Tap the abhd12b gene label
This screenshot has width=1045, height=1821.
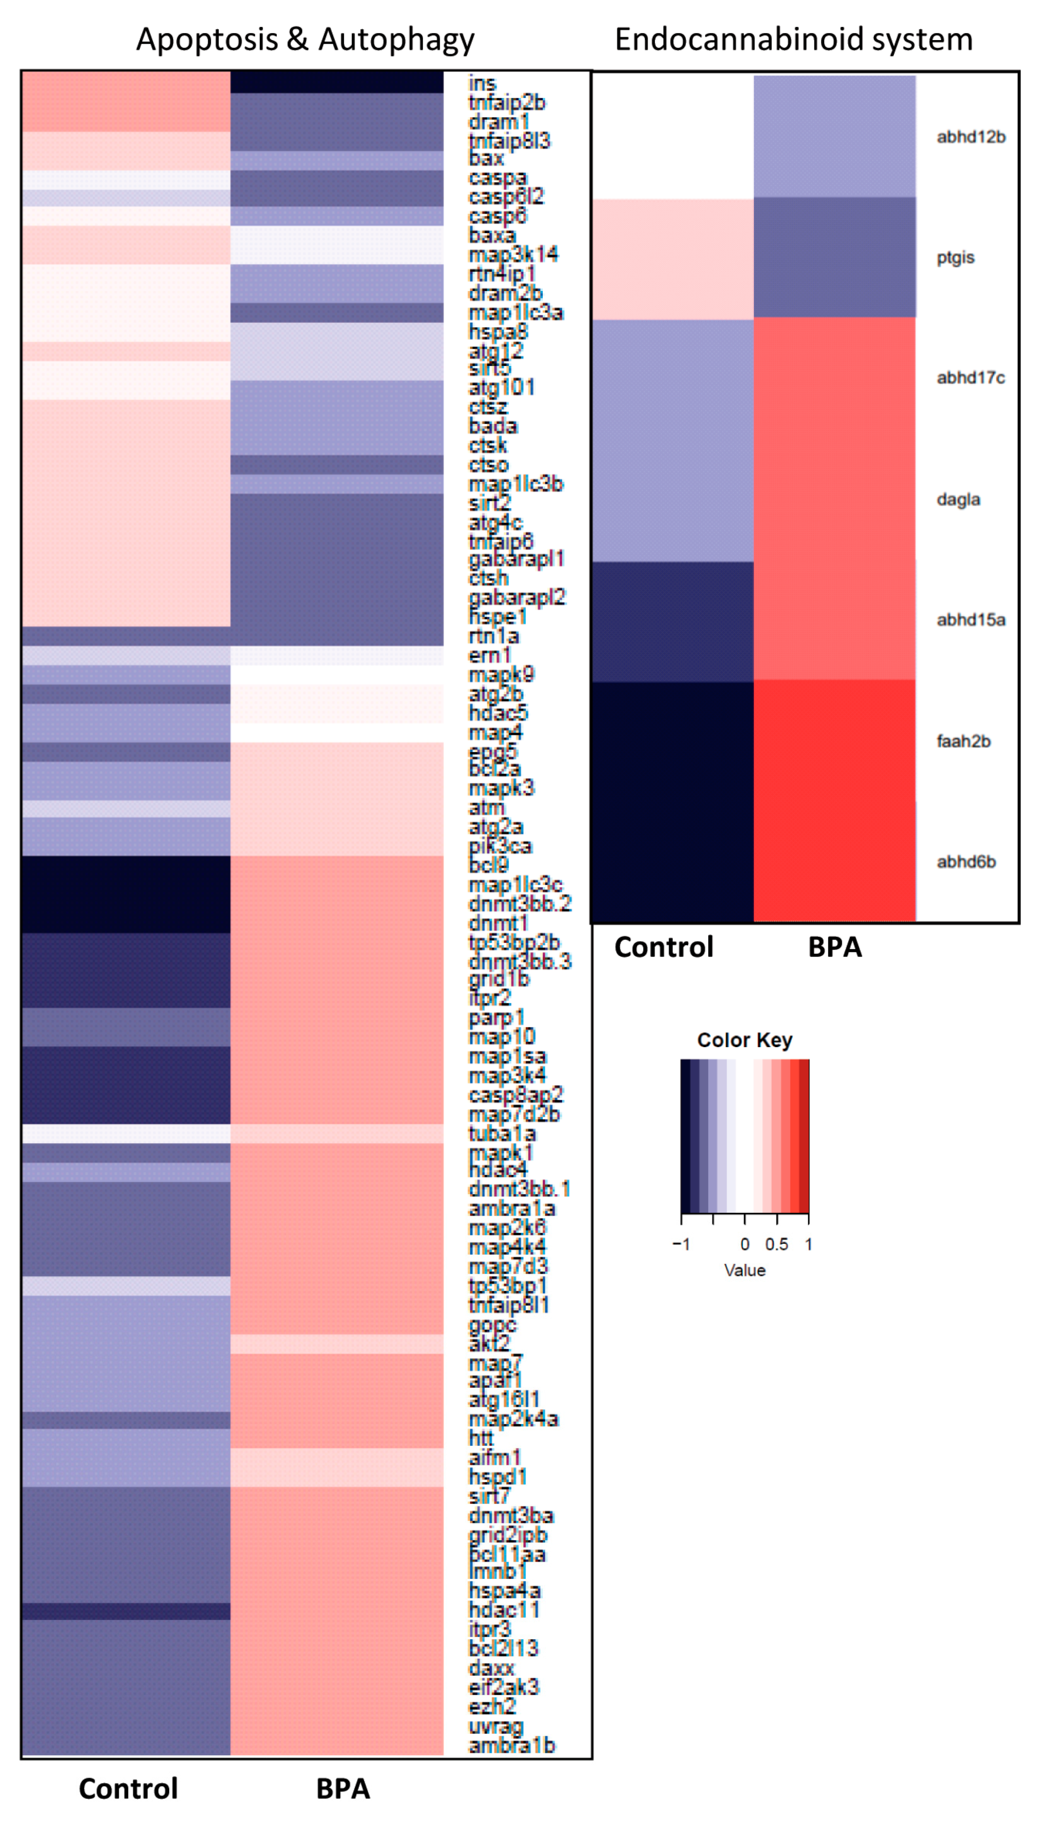tap(970, 137)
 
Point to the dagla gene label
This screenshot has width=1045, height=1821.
tap(958, 499)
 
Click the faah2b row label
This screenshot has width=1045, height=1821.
tap(963, 741)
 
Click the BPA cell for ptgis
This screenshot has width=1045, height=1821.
tap(834, 258)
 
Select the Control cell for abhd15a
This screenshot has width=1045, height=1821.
tap(673, 621)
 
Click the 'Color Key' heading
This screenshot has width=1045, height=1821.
tap(744, 1040)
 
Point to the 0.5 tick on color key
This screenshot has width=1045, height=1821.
tap(776, 1244)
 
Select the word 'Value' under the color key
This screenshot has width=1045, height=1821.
tap(744, 1271)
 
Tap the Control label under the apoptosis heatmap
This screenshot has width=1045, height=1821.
tap(128, 1789)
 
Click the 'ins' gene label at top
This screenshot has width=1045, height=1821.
tap(482, 83)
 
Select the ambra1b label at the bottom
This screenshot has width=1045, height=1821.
tap(512, 1746)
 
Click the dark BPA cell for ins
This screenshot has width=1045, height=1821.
tap(336, 82)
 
